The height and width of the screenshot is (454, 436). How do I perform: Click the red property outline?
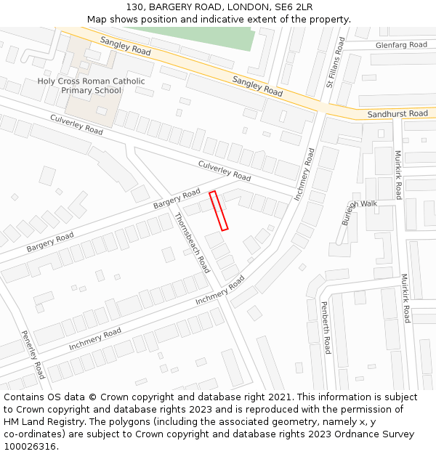(219, 211)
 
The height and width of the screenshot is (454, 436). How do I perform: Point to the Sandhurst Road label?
(397, 114)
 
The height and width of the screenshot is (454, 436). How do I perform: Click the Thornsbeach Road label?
(193, 243)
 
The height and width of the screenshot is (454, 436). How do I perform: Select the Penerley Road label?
(33, 354)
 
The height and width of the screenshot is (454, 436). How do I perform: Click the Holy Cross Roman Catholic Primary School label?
(91, 86)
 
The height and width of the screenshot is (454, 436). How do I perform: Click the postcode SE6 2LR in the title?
(292, 7)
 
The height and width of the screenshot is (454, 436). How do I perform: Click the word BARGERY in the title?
(171, 7)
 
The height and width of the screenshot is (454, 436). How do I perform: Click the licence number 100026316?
(30, 447)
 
